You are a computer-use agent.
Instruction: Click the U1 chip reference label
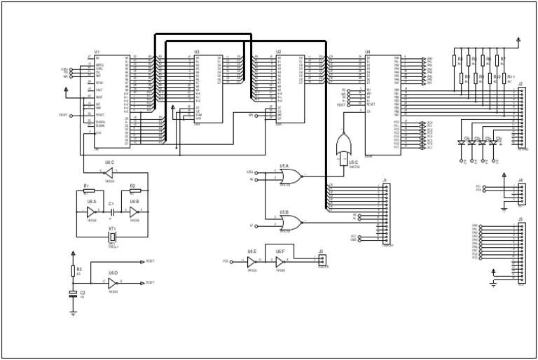[97, 52]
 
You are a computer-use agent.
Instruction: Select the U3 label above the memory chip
[197, 52]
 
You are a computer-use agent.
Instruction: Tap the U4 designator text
[367, 52]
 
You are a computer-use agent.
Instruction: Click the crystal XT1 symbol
[112, 237]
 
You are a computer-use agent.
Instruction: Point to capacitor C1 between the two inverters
[111, 210]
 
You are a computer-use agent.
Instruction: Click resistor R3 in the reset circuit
[73, 270]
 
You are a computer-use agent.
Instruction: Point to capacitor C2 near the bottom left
[73, 294]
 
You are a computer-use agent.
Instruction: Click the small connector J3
[322, 259]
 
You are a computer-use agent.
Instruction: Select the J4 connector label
[520, 180]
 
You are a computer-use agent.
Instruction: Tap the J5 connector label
[520, 219]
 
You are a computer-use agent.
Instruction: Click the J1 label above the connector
[385, 180]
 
